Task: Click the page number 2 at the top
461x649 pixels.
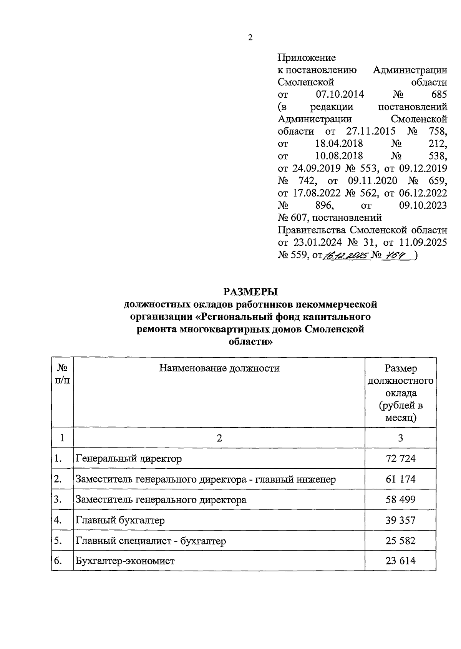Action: coord(250,38)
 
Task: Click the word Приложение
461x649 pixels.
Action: coord(307,58)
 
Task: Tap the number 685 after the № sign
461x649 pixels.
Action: coord(439,95)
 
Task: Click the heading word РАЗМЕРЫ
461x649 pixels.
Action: coord(250,292)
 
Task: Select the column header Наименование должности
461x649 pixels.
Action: coord(219,368)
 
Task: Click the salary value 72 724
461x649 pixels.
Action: coord(400,458)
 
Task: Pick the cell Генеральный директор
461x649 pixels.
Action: coord(129,458)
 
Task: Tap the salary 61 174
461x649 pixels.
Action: coord(400,479)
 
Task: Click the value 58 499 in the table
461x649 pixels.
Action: coord(400,499)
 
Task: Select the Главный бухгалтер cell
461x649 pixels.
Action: coord(120,520)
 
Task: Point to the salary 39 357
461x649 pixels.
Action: coord(400,520)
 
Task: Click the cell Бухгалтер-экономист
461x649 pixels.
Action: coord(125,561)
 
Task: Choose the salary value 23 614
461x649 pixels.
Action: coord(400,561)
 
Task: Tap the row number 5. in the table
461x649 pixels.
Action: coord(58,541)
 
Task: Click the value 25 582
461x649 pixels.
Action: coord(400,541)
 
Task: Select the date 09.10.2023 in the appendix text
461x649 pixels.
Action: coord(423,205)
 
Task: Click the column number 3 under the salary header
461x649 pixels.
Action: coord(400,438)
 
